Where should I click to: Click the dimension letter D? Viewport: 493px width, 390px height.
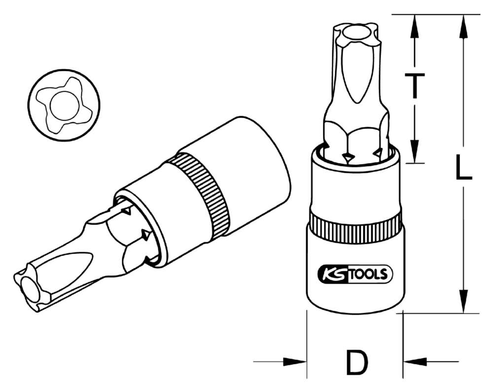coord(356,362)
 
